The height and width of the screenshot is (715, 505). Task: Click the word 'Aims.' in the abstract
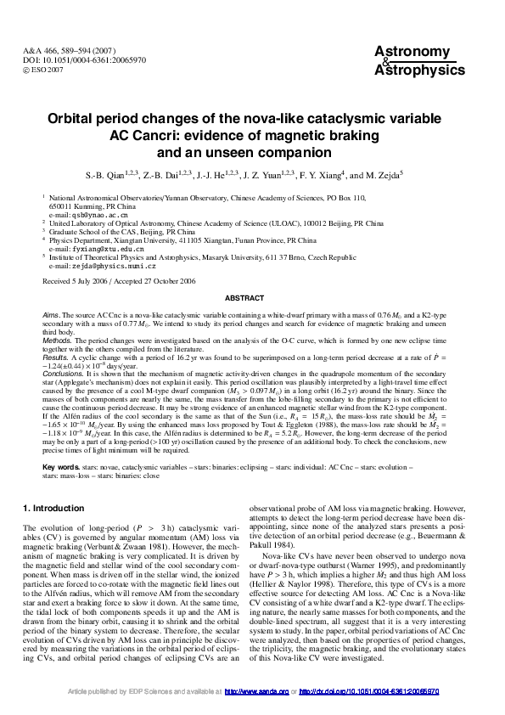click(52, 314)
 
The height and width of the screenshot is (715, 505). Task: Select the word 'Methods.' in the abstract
click(58, 339)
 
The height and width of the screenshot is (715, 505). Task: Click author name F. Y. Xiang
click(313, 176)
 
